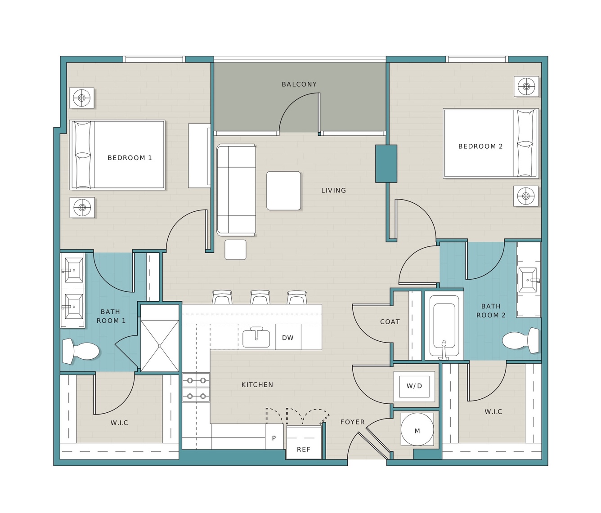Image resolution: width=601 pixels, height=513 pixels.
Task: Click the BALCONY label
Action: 299,84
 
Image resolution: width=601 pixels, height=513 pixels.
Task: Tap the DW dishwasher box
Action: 288,337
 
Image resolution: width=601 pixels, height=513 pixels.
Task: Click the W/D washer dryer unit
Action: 414,386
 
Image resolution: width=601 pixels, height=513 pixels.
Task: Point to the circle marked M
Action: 417,431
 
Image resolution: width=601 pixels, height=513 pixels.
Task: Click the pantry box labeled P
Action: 274,438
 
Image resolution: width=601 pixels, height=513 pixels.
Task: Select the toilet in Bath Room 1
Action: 81,351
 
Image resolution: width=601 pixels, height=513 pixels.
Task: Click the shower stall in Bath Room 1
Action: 159,346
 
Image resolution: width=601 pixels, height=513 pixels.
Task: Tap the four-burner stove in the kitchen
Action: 196,388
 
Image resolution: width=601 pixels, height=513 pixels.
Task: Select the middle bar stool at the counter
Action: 260,297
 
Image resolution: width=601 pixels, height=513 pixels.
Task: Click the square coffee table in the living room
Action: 283,191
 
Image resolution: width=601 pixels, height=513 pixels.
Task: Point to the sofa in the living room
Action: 236,190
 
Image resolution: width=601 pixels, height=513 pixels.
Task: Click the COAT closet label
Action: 390,322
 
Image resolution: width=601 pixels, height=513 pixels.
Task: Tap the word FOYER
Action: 352,422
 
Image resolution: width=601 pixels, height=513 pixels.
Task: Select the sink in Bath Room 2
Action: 528,280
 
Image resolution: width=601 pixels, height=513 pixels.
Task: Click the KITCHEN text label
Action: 257,384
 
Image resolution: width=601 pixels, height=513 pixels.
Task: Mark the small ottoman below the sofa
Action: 236,250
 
